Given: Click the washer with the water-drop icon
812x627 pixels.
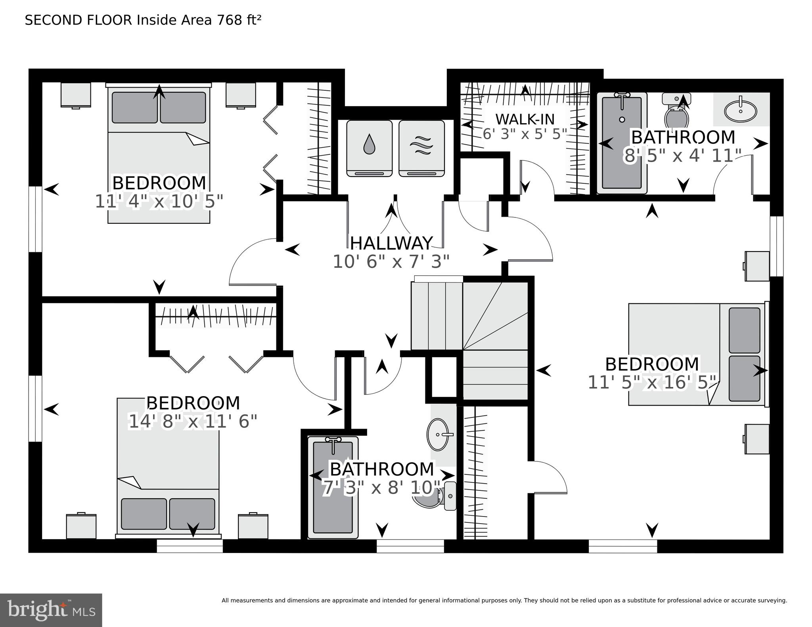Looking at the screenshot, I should pyautogui.click(x=369, y=148).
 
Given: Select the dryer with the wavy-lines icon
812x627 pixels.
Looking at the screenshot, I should pyautogui.click(x=421, y=148).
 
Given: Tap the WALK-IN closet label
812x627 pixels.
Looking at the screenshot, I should pyautogui.click(x=525, y=119).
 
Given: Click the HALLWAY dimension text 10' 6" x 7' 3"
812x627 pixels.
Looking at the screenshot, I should pyautogui.click(x=391, y=262).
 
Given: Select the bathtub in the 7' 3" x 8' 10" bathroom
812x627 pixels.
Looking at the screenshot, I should pyautogui.click(x=333, y=487).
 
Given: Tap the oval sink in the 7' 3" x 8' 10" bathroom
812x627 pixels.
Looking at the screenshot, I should pyautogui.click(x=438, y=435).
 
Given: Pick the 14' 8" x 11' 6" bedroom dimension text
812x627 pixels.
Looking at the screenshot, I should pyautogui.click(x=193, y=421).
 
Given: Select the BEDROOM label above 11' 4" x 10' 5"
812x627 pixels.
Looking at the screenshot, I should pyautogui.click(x=159, y=183).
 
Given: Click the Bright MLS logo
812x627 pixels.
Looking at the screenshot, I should pyautogui.click(x=51, y=610).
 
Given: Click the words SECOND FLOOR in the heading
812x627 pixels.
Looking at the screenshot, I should pyautogui.click(x=78, y=20).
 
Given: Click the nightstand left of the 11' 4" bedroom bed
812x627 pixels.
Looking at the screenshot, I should pyautogui.click(x=76, y=95).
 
